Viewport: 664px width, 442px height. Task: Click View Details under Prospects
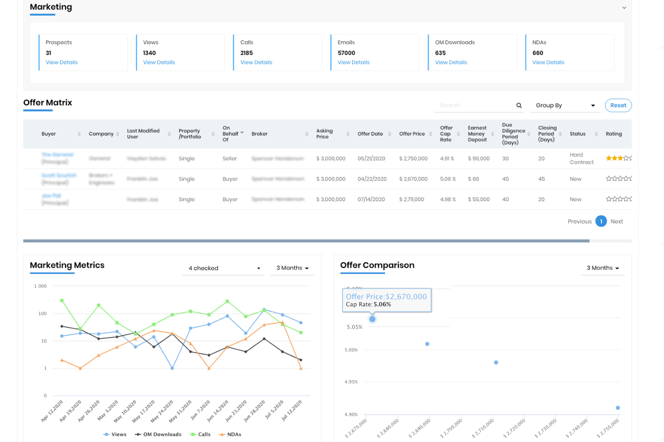(x=62, y=62)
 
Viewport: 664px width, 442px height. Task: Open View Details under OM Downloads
(x=451, y=62)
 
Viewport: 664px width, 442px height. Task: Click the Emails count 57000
(x=346, y=53)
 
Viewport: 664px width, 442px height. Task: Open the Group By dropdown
(x=565, y=105)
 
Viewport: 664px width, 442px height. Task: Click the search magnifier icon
(x=519, y=105)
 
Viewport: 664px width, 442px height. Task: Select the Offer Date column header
(x=370, y=134)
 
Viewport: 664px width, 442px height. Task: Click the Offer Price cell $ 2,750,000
(x=413, y=159)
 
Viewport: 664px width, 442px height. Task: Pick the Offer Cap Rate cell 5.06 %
(x=448, y=179)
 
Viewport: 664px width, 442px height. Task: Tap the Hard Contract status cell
(x=581, y=159)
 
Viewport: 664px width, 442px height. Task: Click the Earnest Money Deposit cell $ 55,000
(x=479, y=199)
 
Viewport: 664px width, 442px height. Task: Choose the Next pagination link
(x=617, y=221)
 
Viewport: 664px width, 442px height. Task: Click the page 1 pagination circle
(x=601, y=221)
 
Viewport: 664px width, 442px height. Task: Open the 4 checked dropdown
(x=224, y=268)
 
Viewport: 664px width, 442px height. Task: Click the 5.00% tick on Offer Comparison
(x=351, y=350)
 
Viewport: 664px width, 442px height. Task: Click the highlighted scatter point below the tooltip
(x=372, y=319)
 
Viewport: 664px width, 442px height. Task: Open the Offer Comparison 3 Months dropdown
(x=602, y=268)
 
